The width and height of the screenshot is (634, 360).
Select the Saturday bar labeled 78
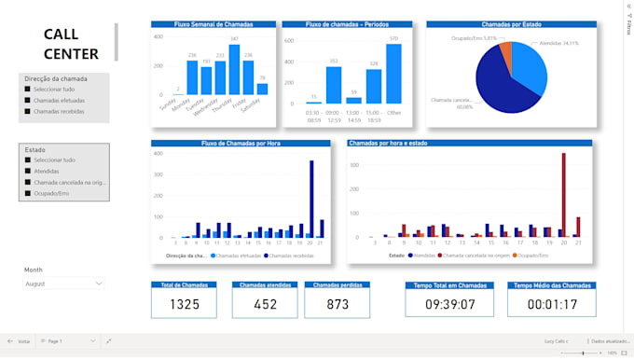262,90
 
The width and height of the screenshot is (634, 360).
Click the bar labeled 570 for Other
393,74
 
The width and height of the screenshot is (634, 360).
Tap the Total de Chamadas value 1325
185,303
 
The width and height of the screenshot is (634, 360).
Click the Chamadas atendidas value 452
265,303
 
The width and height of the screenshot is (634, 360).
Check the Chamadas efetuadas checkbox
28,100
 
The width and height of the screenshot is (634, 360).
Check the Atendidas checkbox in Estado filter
28,171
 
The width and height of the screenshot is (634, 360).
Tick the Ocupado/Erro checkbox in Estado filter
28,193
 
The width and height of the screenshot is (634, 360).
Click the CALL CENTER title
71,44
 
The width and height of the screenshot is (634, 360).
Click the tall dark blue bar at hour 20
311,200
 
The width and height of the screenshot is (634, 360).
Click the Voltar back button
19,341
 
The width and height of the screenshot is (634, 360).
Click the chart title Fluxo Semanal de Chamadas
214,24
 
